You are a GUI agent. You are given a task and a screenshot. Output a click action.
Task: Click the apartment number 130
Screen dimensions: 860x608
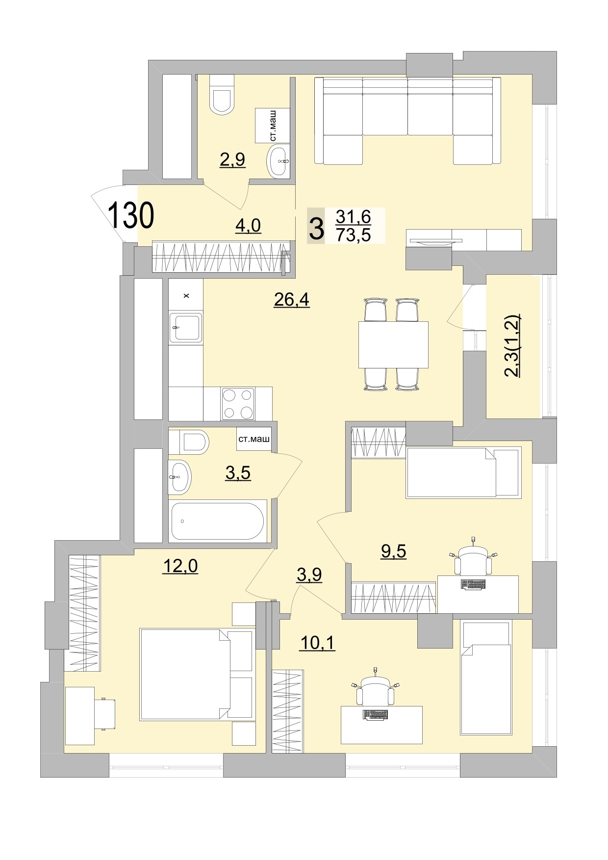tap(130, 216)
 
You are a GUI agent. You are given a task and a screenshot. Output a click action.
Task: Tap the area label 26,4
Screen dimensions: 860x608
tap(291, 299)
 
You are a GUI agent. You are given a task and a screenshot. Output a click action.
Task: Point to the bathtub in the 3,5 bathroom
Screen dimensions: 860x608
tap(218, 521)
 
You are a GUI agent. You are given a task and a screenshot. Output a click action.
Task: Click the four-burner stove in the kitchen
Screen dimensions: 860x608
tap(238, 404)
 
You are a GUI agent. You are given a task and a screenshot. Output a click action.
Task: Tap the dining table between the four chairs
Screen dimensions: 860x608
tap(393, 344)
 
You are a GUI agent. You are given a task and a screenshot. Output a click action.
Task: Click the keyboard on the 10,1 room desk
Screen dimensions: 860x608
tap(375, 715)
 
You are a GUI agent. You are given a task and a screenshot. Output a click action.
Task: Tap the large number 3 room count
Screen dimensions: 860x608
tap(317, 227)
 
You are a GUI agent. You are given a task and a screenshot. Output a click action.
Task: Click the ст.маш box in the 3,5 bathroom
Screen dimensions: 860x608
tap(253, 440)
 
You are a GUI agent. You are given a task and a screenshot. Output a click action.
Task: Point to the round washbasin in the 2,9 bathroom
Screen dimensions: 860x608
tap(278, 160)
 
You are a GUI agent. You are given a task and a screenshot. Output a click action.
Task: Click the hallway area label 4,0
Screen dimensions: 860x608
tap(248, 226)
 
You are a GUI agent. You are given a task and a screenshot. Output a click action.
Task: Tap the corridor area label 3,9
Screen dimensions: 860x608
tap(309, 574)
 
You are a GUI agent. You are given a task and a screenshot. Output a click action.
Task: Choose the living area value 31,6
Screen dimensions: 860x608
tap(353, 216)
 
